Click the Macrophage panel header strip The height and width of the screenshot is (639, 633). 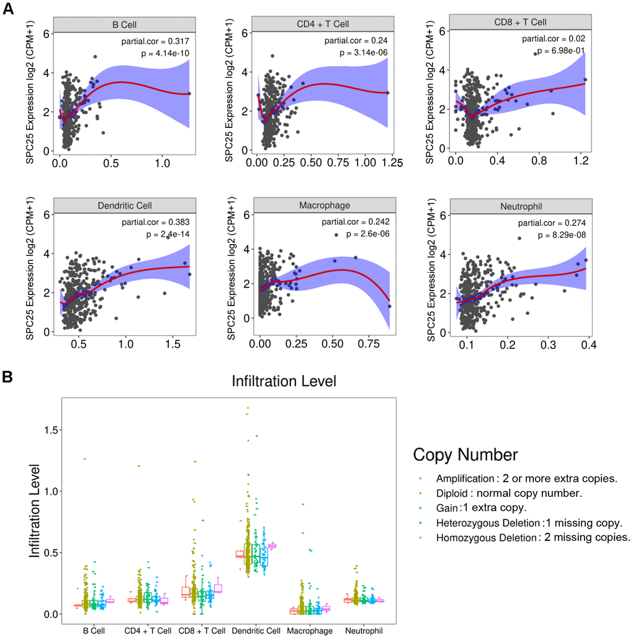pyautogui.click(x=325, y=206)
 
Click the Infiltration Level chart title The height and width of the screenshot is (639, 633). pyautogui.click(x=283, y=381)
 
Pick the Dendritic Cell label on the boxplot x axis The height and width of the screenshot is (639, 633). pyautogui.click(x=257, y=631)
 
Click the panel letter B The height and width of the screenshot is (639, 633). pyautogui.click(x=8, y=376)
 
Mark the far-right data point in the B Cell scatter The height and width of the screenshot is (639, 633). pyautogui.click(x=189, y=93)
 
